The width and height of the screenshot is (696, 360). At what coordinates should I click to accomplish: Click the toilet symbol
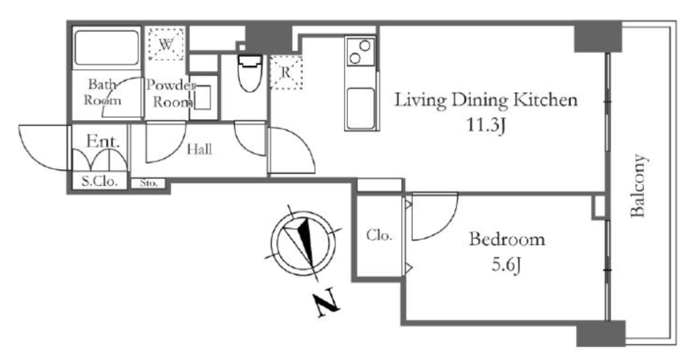(250, 73)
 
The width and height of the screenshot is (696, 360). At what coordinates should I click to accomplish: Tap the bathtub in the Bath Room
(106, 48)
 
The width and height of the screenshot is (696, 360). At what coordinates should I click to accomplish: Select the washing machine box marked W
(166, 43)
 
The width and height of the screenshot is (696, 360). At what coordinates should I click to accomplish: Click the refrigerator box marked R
(286, 72)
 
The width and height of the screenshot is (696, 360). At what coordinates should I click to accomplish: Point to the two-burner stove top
(360, 52)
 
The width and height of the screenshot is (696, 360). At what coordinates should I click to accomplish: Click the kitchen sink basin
(360, 108)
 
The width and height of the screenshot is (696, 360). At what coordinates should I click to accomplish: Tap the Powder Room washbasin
(203, 98)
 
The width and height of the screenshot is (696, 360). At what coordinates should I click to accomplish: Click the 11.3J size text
(486, 126)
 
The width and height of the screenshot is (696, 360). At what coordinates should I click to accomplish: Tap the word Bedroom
(507, 239)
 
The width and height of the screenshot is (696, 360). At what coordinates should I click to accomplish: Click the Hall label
(199, 149)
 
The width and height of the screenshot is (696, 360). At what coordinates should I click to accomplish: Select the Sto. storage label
(148, 183)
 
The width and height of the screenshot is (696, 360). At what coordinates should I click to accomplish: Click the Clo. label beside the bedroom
(379, 236)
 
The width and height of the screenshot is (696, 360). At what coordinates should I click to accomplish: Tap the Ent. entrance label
(103, 141)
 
